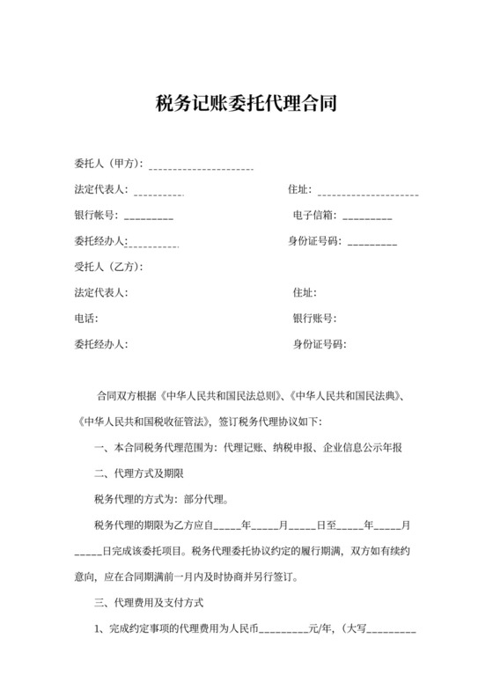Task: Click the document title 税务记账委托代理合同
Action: click(x=246, y=104)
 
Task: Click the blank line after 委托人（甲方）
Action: click(x=202, y=166)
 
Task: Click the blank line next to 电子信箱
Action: click(x=367, y=217)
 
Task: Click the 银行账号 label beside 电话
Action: click(x=314, y=319)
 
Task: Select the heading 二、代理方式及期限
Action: click(x=137, y=474)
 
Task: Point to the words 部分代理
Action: click(x=205, y=500)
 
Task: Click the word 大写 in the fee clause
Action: click(x=363, y=630)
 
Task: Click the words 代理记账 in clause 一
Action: click(x=239, y=448)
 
